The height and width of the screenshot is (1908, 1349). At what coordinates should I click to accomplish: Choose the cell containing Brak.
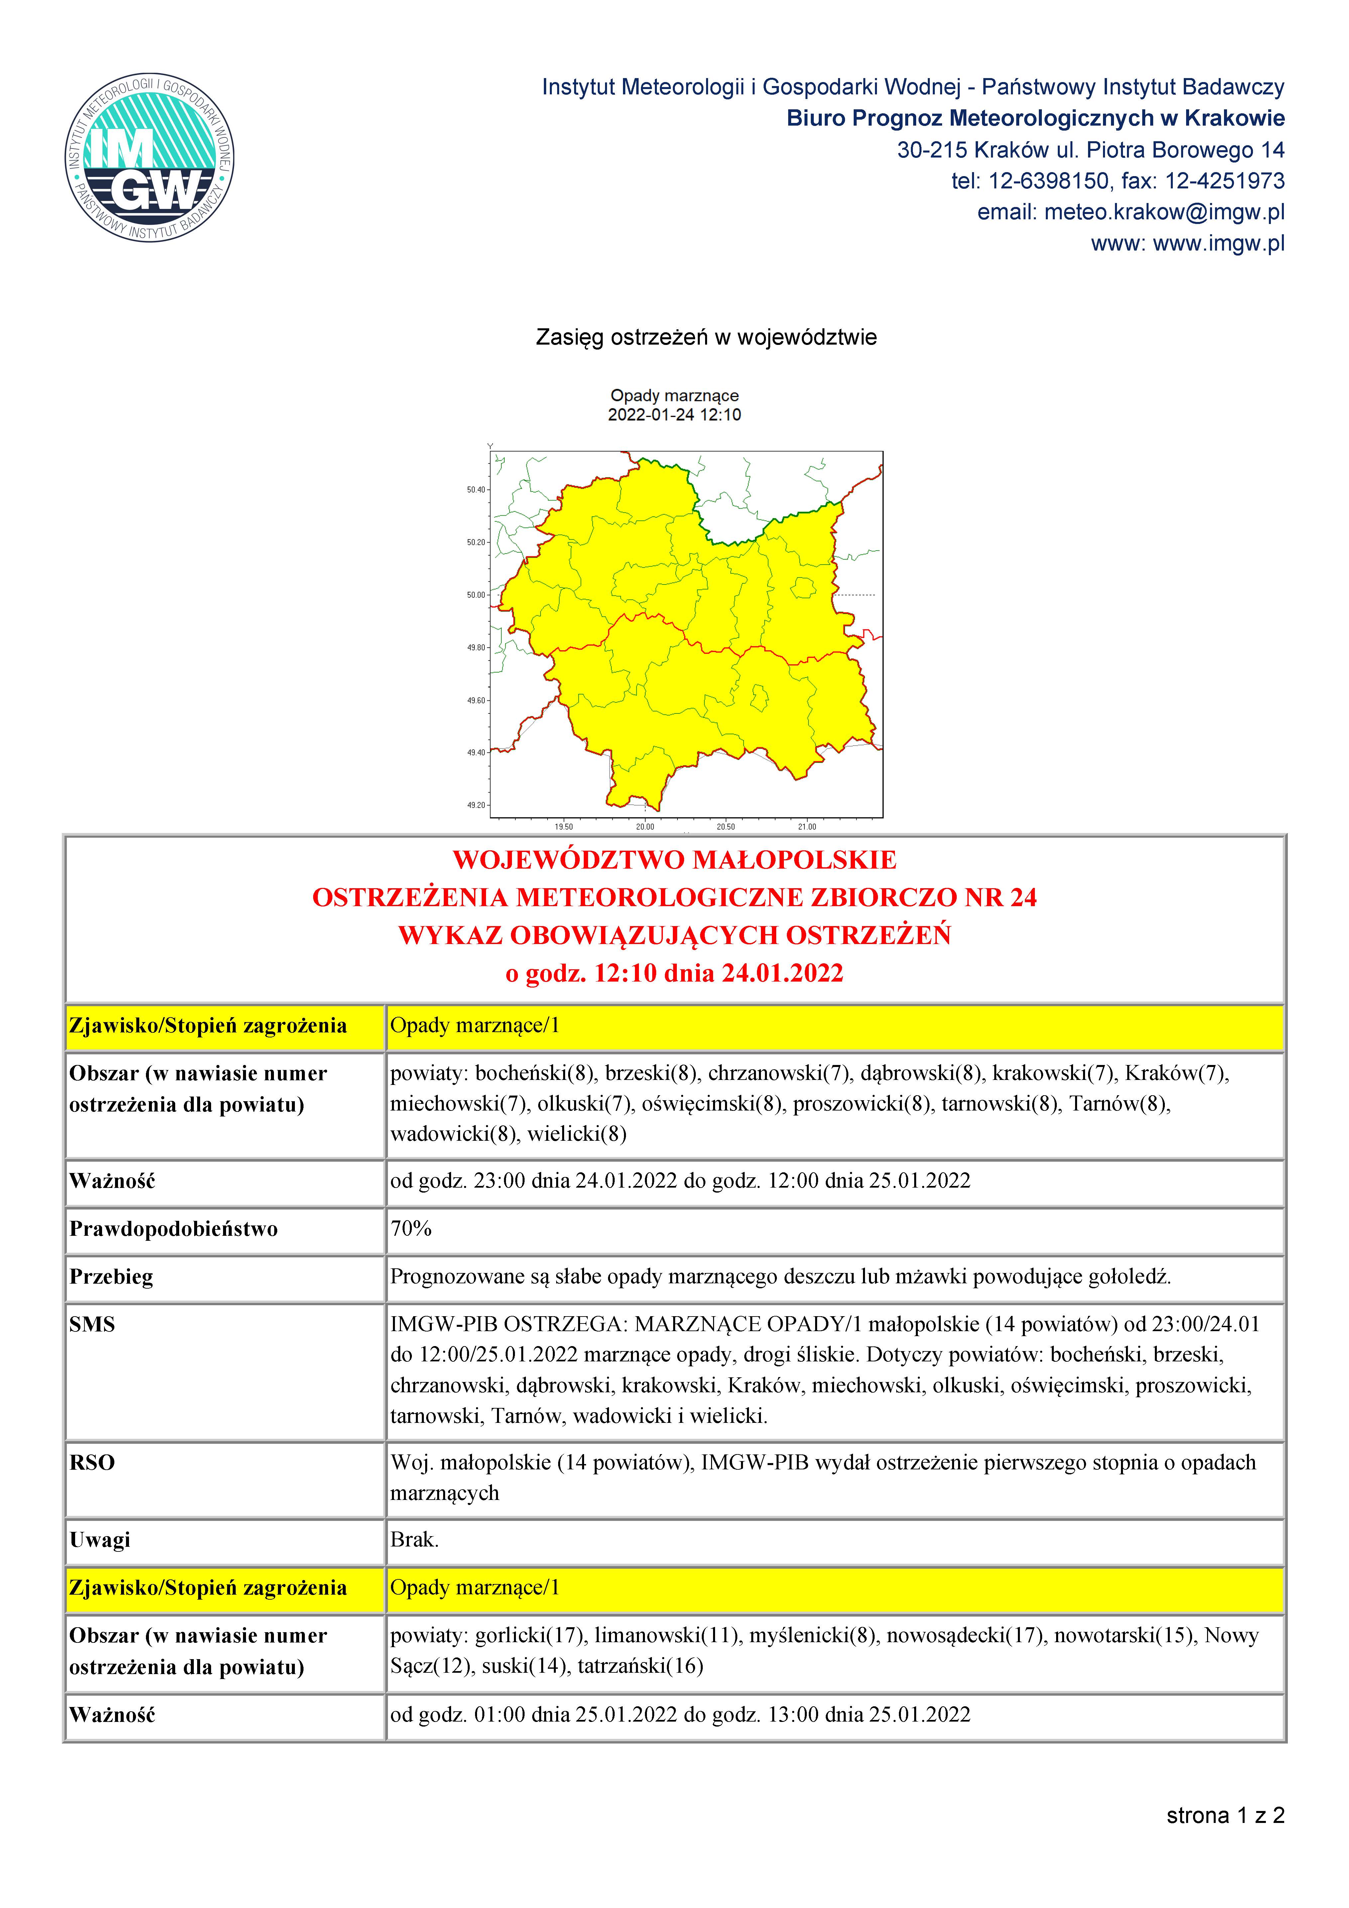[x=414, y=1540]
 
